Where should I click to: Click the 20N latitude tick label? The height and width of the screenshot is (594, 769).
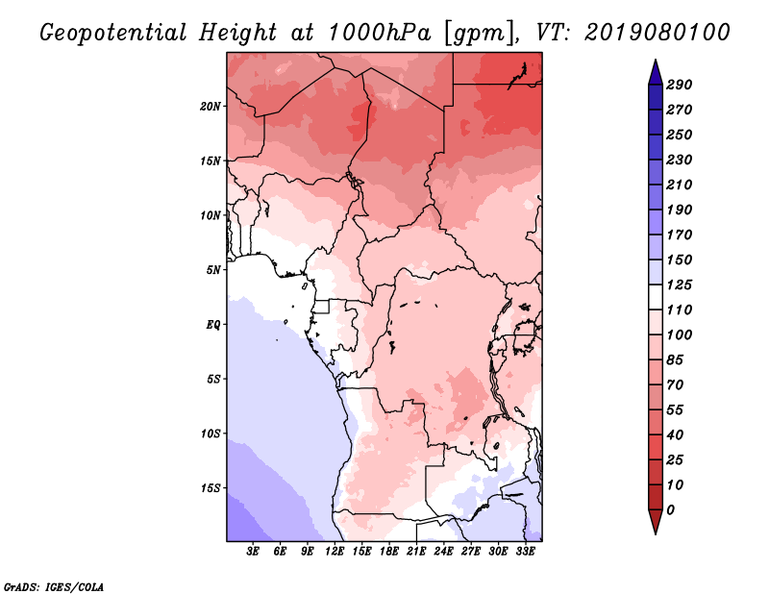[211, 106]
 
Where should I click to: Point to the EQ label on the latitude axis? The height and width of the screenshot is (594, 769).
[212, 324]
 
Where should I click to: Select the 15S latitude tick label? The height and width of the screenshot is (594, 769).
[211, 487]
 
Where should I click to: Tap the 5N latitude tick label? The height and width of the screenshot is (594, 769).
[213, 269]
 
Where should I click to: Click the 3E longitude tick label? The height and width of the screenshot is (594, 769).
[254, 552]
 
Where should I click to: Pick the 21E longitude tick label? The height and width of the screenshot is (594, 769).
[415, 552]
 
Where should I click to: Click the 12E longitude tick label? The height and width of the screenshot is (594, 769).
[335, 552]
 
